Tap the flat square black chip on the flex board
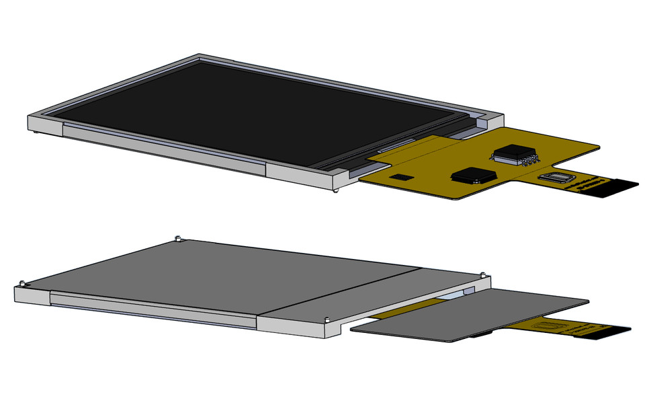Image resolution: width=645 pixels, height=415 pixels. coord(473,175)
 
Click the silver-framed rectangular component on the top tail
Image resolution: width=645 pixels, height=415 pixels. coord(558,177)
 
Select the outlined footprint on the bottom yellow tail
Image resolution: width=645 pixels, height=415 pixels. coord(546,326)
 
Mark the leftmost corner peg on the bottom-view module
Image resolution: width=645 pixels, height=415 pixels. coord(22,282)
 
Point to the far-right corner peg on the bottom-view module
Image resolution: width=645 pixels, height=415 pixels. coord(483,274)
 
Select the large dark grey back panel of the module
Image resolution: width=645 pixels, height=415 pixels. coord(222,276)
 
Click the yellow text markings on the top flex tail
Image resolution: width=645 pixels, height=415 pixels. coord(592,184)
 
